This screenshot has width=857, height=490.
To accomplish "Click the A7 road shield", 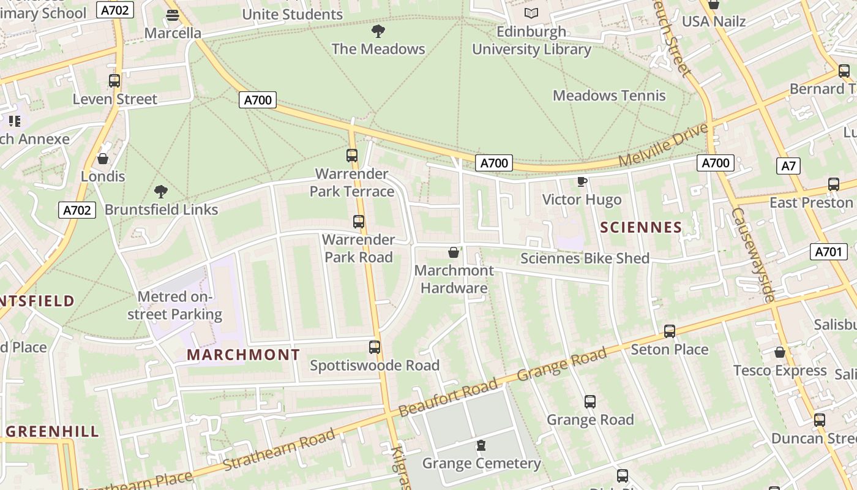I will pos(789,165).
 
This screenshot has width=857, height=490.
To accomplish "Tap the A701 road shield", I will pos(829,251).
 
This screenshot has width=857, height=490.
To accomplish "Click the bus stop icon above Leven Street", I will pos(114,81).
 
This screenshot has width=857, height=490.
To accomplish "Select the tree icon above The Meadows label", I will pos(378,31).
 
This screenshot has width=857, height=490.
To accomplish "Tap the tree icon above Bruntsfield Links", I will pos(161,192).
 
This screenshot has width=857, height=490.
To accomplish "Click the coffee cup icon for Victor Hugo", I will pos(582,182).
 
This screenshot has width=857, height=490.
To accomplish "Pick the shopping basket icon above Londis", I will pos(103,159).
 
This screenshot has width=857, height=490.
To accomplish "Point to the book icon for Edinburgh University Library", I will pos(531,13).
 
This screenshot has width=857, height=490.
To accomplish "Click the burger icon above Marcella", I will pos(173,15).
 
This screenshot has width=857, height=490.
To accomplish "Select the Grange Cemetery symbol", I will pos(481,445).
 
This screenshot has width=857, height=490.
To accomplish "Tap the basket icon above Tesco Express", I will pos(780,352).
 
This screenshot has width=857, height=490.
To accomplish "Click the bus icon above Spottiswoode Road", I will pos(375,347).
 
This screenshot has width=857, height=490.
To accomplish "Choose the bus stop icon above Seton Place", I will pos(670,331).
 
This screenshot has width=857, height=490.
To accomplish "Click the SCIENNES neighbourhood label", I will pos(641,228).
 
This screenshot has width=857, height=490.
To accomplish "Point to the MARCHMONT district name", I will pos(244,355).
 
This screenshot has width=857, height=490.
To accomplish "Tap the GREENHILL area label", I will pos(52,431).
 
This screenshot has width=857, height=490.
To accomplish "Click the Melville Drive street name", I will pos(663,145).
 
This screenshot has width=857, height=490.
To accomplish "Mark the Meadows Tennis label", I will pos(609,96).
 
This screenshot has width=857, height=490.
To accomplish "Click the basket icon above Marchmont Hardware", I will pos(454,252).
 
